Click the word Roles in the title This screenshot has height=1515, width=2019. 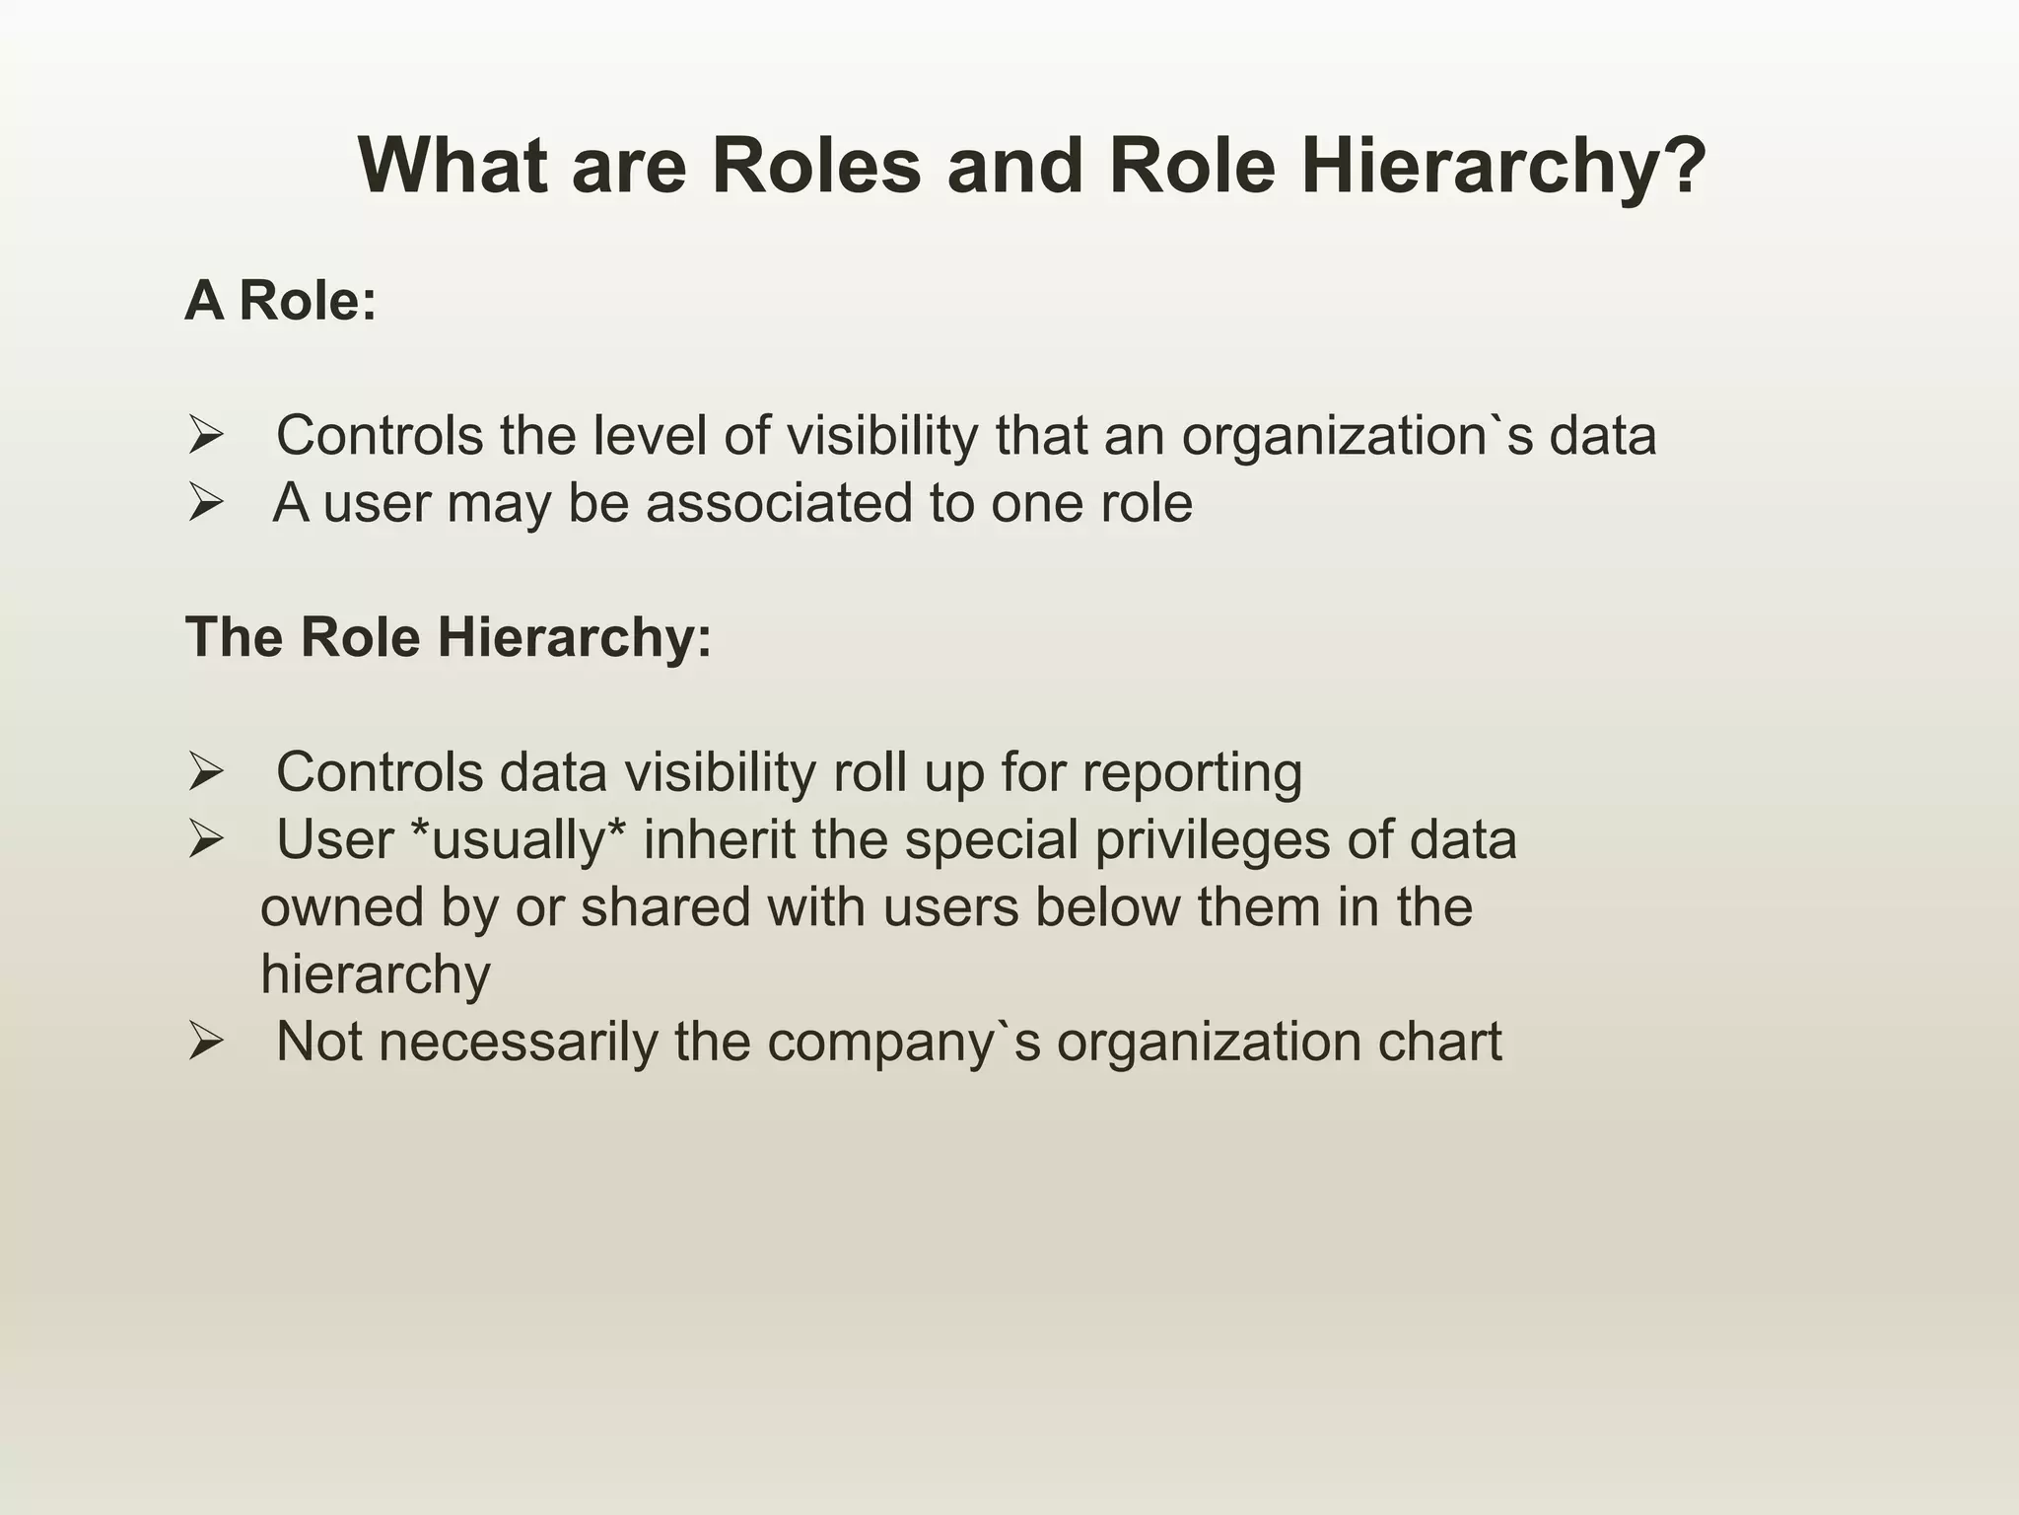click(x=816, y=166)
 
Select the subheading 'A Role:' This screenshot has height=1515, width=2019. click(x=281, y=300)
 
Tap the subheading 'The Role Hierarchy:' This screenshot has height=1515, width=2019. click(x=449, y=637)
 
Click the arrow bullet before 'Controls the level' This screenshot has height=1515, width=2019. click(x=206, y=436)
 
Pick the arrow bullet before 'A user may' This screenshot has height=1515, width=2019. click(x=206, y=503)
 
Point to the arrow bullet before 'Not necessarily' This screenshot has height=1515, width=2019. click(x=206, y=1042)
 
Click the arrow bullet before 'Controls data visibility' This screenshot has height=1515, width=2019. click(x=206, y=772)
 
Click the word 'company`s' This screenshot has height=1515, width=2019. click(x=903, y=1042)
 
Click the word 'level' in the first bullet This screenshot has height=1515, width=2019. click(x=650, y=436)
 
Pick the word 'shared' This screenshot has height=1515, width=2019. click(x=665, y=907)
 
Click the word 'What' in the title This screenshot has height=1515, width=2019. click(x=453, y=166)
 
